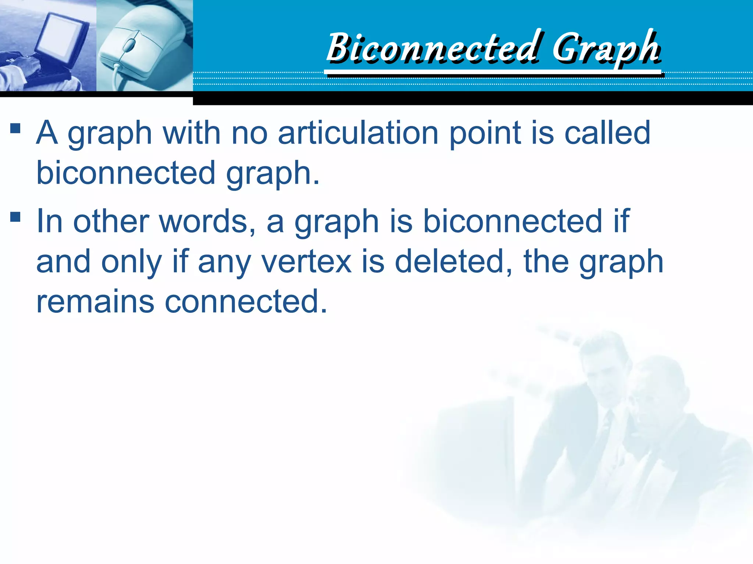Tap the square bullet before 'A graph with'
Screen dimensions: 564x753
[x=15, y=128]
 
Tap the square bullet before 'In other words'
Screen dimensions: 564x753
[x=15, y=217]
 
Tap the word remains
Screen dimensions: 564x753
[x=95, y=302]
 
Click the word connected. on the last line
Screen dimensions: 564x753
[x=246, y=302]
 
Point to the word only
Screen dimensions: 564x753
[x=131, y=262]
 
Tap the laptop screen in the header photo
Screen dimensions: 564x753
[x=62, y=37]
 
